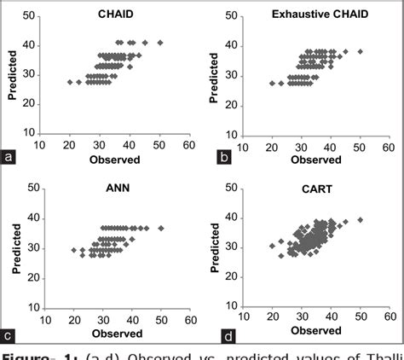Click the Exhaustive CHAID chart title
(x=323, y=15)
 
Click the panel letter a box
(x=9, y=157)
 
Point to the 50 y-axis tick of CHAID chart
(x=29, y=16)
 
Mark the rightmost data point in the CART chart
(x=360, y=219)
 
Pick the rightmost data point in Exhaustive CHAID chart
(x=360, y=51)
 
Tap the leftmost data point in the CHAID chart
(x=70, y=82)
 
